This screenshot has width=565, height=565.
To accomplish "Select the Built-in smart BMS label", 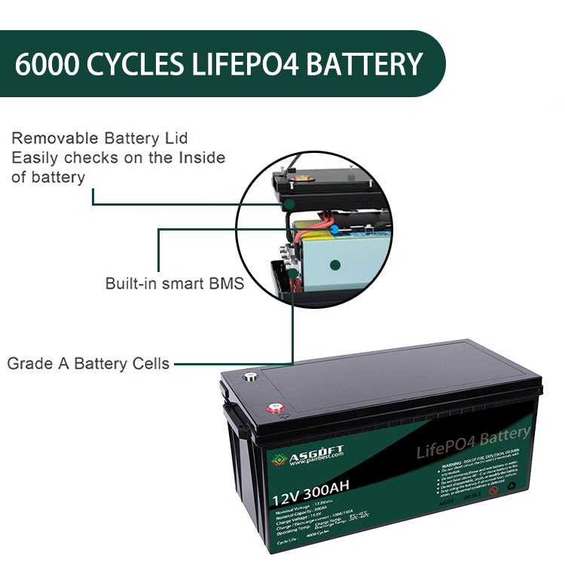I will click(x=175, y=284).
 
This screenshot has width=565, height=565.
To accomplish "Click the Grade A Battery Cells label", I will click(x=88, y=364).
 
